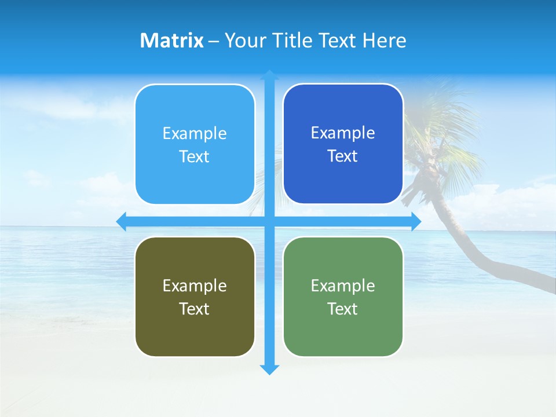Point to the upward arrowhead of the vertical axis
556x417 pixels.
pos(269,75)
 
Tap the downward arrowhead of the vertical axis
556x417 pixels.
pos(269,370)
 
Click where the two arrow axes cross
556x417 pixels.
pos(269,221)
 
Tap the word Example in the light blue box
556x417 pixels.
pos(195,134)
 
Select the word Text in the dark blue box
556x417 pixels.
pos(343,156)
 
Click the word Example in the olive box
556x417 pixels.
pos(195,286)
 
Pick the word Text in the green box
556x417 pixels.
pos(343,309)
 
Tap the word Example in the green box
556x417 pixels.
pos(343,286)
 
